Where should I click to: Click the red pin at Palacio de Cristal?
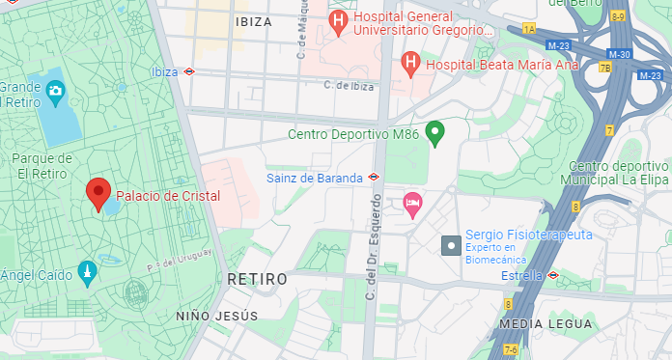click(x=98, y=193)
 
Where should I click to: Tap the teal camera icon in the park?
click(x=55, y=91)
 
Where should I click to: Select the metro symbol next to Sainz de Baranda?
click(x=374, y=177)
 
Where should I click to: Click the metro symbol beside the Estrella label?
click(x=552, y=275)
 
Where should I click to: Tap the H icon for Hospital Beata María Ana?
click(x=410, y=65)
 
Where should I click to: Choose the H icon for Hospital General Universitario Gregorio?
click(x=338, y=19)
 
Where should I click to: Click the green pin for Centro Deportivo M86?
click(x=435, y=132)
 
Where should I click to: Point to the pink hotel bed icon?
click(x=412, y=204)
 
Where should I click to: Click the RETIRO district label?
click(x=258, y=279)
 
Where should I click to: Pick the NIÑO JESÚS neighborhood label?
click(x=217, y=317)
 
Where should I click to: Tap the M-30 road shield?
click(x=621, y=54)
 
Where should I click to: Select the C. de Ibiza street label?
click(x=349, y=85)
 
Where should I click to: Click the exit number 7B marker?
click(x=605, y=68)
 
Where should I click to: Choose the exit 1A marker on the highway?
click(x=528, y=29)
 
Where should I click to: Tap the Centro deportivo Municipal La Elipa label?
click(x=619, y=173)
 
